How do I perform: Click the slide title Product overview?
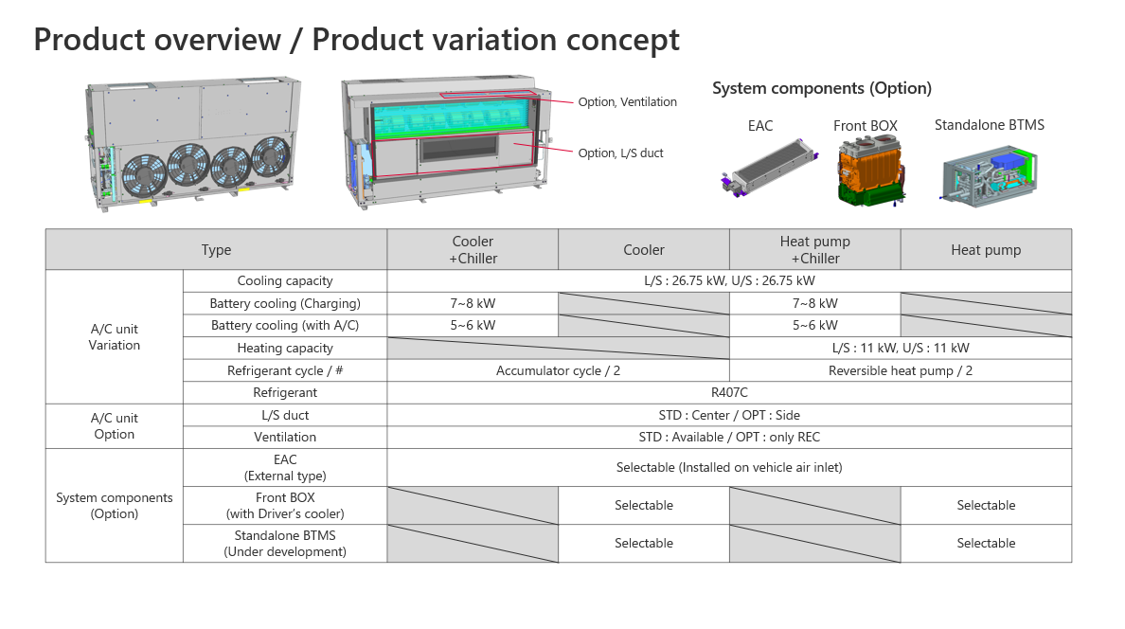(356, 40)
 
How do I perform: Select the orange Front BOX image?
(866, 171)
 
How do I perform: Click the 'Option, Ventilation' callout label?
(627, 102)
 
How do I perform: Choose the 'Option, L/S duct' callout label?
(621, 153)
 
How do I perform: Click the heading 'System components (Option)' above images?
(821, 88)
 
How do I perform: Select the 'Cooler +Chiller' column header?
(473, 250)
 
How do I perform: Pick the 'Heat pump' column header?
(986, 250)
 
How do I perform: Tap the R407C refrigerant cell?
(729, 392)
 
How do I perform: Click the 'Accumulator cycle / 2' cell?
(558, 370)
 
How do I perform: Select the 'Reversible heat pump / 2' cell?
(900, 370)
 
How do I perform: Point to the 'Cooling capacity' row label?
(284, 280)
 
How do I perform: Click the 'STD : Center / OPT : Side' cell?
(729, 415)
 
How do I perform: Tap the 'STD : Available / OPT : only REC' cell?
(729, 437)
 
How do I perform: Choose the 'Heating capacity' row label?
(284, 348)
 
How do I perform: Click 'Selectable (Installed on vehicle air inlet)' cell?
(729, 467)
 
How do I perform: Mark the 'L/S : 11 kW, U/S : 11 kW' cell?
(900, 348)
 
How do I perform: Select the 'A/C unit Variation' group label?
(114, 337)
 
